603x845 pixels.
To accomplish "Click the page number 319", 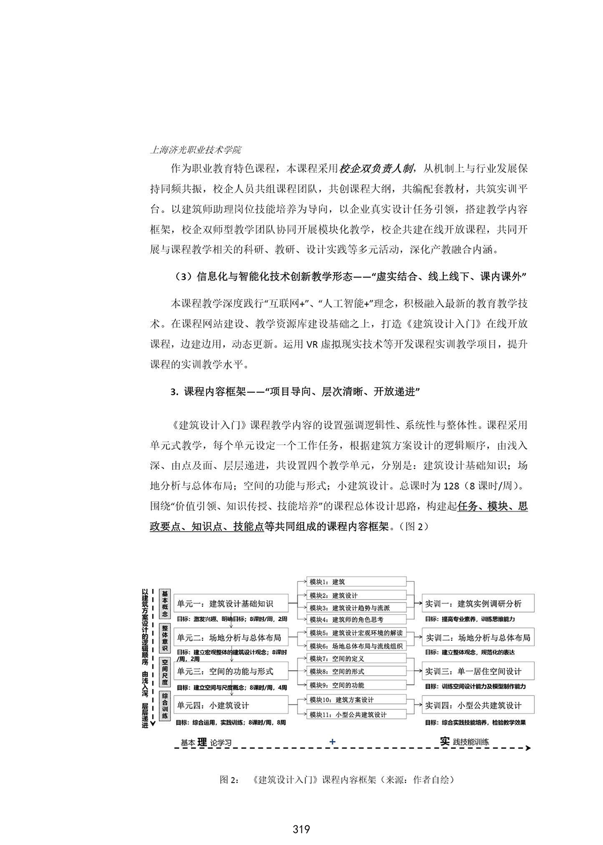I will pyautogui.click(x=301, y=829).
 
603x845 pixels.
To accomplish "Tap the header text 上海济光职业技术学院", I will pyautogui.click(x=195, y=150).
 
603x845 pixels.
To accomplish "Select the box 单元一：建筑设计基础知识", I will pyautogui.click(x=231, y=603).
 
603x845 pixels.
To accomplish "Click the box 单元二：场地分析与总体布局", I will pyautogui.click(x=231, y=638).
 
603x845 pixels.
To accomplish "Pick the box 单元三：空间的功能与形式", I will pyautogui.click(x=231, y=671).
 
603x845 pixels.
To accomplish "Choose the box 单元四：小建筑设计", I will pyautogui.click(x=231, y=705).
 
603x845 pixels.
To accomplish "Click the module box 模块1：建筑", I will pyautogui.click(x=356, y=582).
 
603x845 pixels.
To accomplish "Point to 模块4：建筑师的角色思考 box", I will pyautogui.click(x=356, y=620).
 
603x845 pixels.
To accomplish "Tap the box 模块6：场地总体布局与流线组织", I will pyautogui.click(x=356, y=646).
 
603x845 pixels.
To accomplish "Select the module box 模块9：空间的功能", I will pyautogui.click(x=356, y=685).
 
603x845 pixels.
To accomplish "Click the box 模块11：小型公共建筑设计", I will pyautogui.click(x=356, y=714).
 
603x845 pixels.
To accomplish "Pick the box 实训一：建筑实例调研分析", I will pyautogui.click(x=477, y=603).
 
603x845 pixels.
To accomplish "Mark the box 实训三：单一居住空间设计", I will pyautogui.click(x=477, y=671).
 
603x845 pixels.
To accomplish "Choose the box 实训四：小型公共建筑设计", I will pyautogui.click(x=477, y=705).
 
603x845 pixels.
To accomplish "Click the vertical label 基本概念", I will pyautogui.click(x=165, y=604).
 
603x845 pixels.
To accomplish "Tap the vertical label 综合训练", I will pyautogui.click(x=165, y=706).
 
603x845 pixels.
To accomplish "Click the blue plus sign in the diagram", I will pyautogui.click(x=332, y=742).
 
